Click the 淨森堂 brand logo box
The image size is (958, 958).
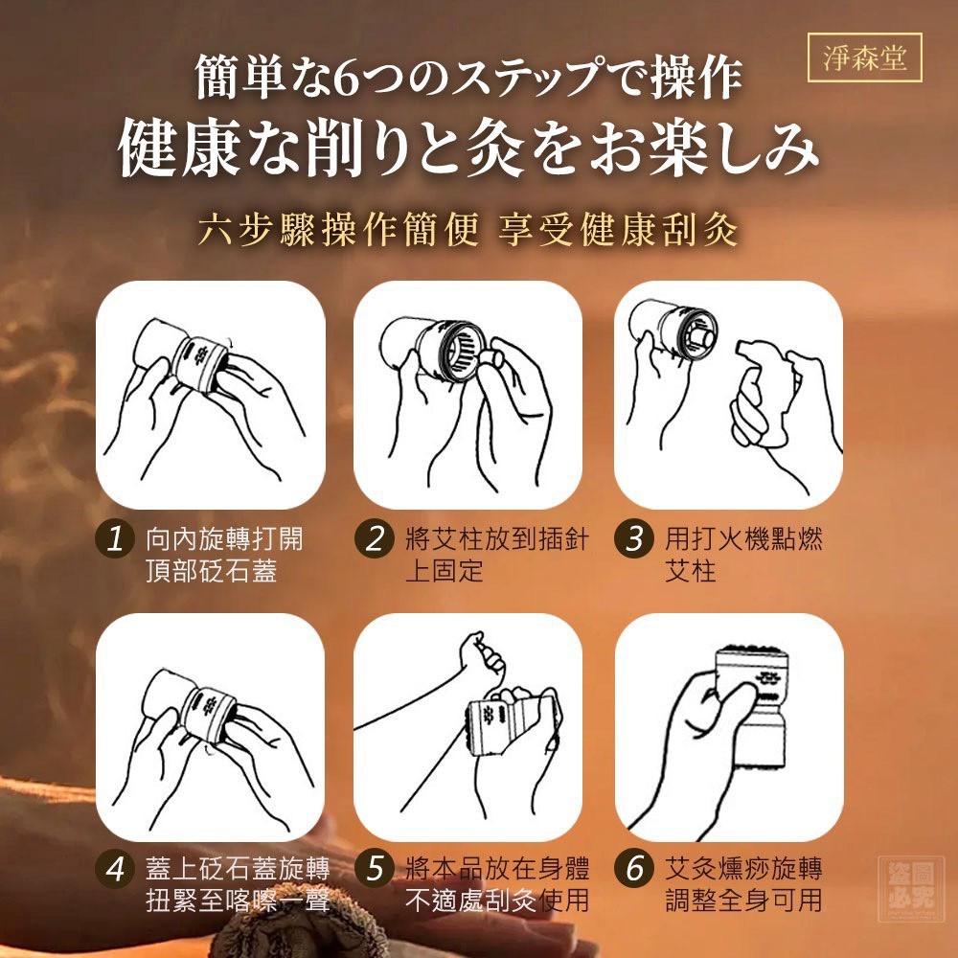864,58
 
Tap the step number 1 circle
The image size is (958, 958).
114,538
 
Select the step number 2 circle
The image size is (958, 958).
374,538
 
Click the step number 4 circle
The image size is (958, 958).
114,868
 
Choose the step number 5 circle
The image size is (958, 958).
374,868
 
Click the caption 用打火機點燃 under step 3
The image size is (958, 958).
743,538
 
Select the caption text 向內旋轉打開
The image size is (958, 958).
224,538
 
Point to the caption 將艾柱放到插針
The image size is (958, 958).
496,538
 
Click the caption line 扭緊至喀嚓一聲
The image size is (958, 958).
238,901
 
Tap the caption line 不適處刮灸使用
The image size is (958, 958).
496,901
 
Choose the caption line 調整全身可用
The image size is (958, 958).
743,901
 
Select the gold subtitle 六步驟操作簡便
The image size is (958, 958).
338,230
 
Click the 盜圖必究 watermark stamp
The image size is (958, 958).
907,888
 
